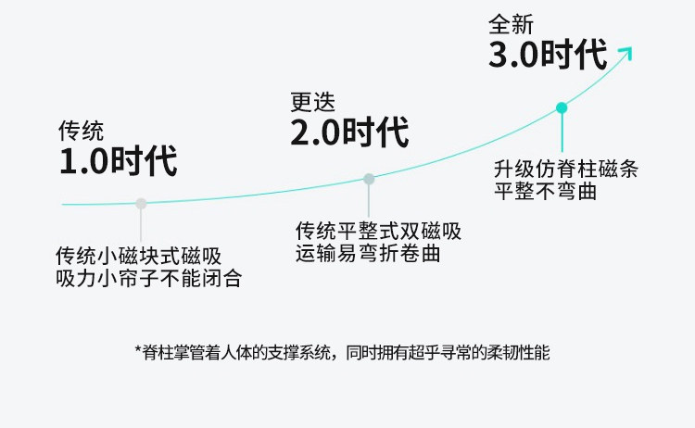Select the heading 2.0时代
coord(349,132)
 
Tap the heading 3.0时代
coord(548,55)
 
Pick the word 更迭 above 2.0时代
coord(312,101)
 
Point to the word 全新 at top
coord(511,22)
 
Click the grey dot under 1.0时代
coord(141,204)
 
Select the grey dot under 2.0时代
coord(369,179)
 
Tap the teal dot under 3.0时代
coord(562,107)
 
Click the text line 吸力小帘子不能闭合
coord(148,278)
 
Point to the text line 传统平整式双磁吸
coord(378,231)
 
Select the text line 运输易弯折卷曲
coord(367,253)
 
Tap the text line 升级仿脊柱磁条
coord(565,170)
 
